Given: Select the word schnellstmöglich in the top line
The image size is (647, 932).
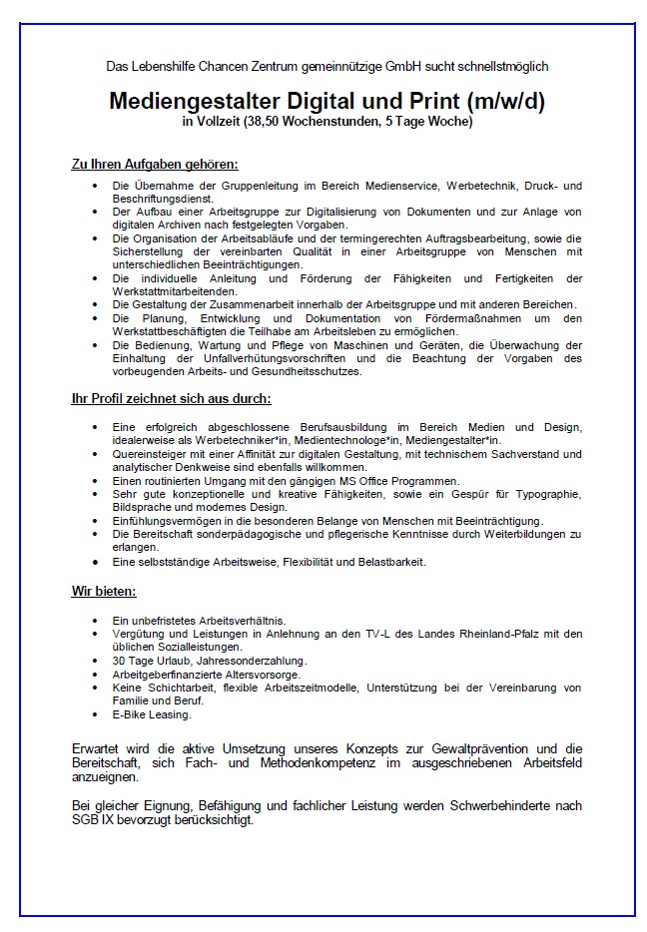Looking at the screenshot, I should point(498,66).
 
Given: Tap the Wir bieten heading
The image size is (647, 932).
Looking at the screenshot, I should point(97,592).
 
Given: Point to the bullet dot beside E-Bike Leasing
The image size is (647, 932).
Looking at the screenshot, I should point(95,714).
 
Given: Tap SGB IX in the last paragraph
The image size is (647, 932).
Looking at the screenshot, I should point(91,820).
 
